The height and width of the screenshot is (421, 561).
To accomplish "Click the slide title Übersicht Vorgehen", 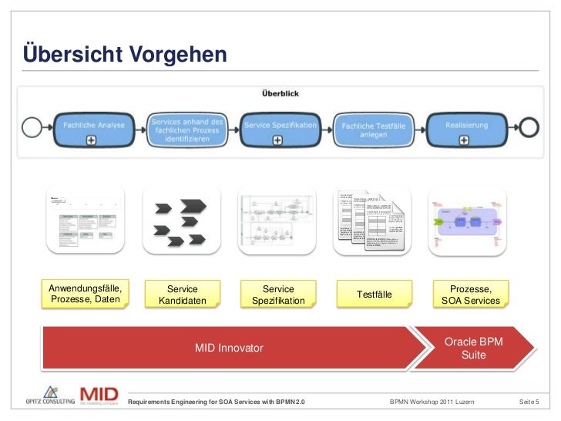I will [x=125, y=55].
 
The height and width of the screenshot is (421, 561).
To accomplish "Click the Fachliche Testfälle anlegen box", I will [x=373, y=128].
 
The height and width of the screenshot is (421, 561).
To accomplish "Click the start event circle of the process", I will [x=32, y=125].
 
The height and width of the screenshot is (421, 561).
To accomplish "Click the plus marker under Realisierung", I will [x=465, y=140].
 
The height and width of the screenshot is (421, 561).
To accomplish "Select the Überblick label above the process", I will [x=280, y=94].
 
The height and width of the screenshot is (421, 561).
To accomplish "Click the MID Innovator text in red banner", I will [x=229, y=349].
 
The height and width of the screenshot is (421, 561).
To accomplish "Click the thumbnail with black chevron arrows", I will [x=182, y=219].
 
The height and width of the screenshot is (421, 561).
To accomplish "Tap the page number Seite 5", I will [x=529, y=402].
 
